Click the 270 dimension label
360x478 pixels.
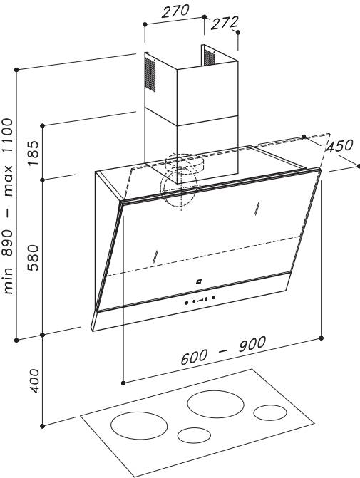(x=175, y=11)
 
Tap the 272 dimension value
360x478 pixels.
(x=225, y=23)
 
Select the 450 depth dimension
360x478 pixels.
(x=339, y=146)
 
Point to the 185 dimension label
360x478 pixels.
(x=34, y=152)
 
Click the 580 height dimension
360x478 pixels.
(x=34, y=258)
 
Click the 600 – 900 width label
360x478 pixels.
(x=223, y=350)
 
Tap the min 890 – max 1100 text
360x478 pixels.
(x=8, y=207)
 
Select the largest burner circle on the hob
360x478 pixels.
(x=216, y=404)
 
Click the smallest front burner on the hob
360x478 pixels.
(x=194, y=435)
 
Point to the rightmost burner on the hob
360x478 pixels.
(x=270, y=412)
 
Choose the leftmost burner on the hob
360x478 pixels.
(x=139, y=425)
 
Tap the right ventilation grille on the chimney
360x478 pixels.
(x=210, y=57)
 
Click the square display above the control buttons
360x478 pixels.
(x=199, y=281)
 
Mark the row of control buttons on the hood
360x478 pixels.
(x=200, y=301)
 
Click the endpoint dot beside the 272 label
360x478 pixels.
(x=238, y=32)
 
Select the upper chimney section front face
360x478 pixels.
(x=207, y=92)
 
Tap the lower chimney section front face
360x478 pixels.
(x=207, y=150)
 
